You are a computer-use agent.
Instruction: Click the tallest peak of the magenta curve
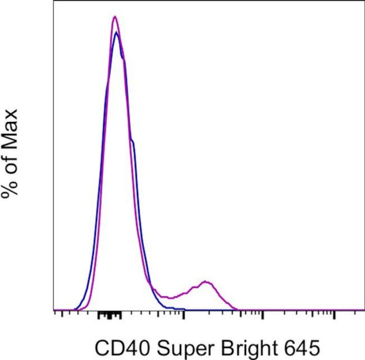[115, 17]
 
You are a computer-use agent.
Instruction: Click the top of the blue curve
[116, 33]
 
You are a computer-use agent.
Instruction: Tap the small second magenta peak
[206, 281]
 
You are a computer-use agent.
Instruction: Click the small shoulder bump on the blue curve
[133, 142]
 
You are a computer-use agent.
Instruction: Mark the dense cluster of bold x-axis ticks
[109, 315]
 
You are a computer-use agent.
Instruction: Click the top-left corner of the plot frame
[54, 1]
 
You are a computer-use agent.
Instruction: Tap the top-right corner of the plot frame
[364, 1]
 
